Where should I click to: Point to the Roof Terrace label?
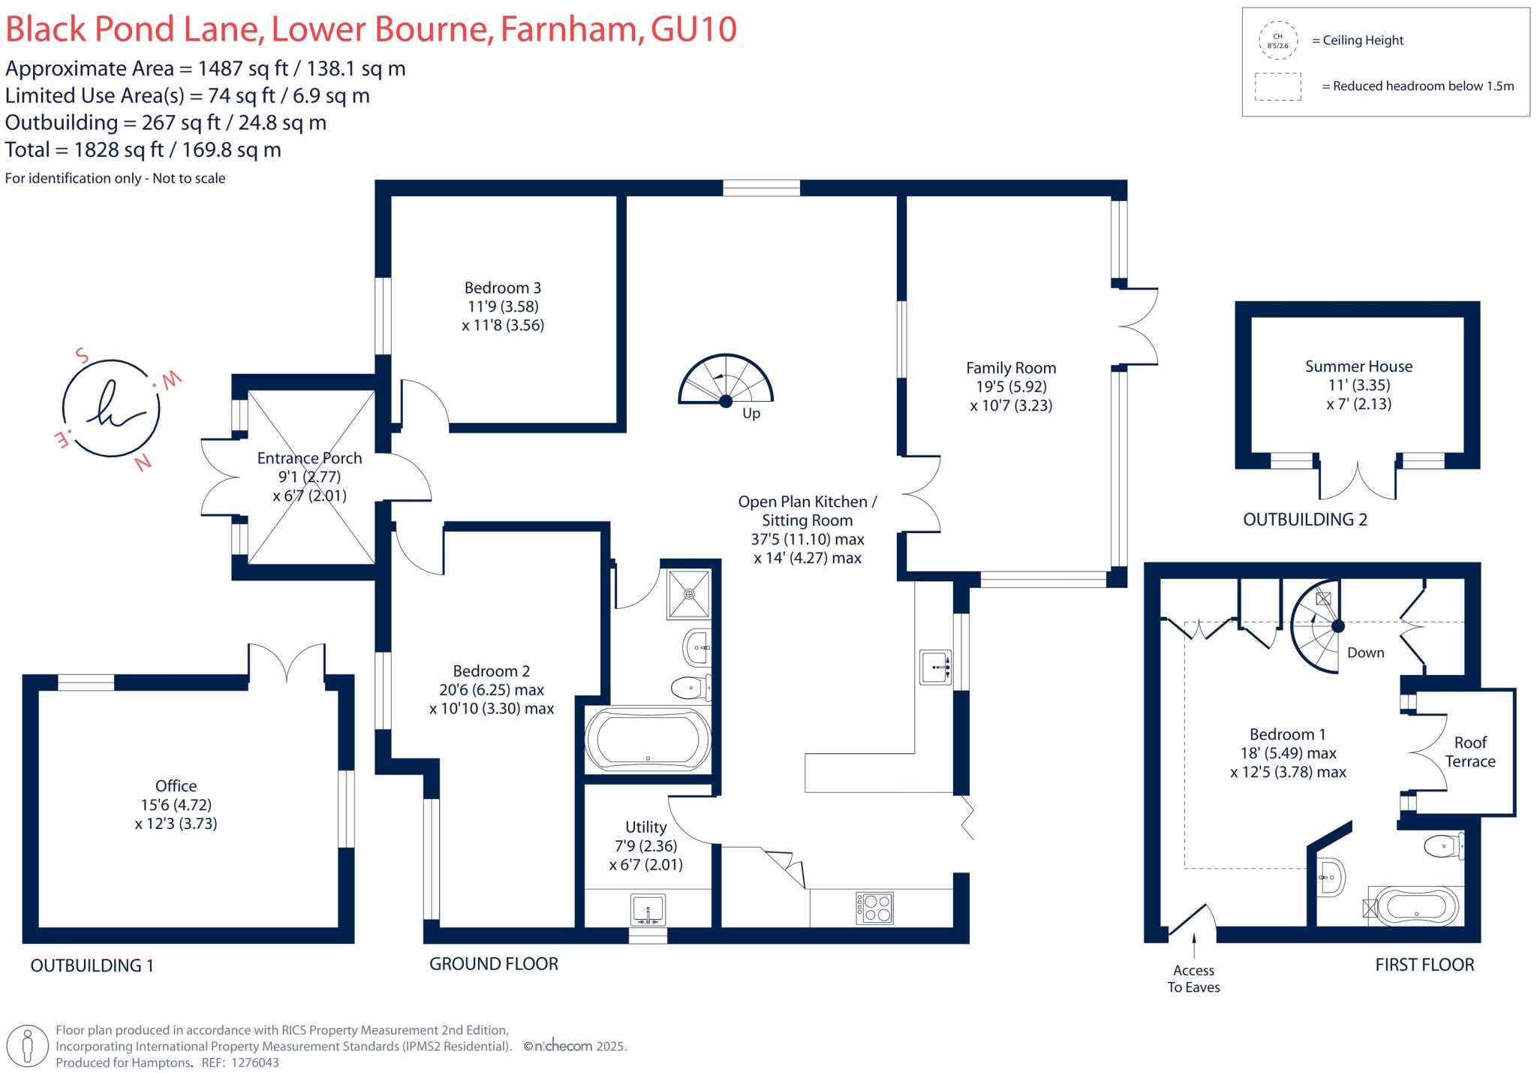1470,752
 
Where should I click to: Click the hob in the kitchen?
874,908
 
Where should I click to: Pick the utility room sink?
648,910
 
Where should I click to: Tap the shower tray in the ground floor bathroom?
688,594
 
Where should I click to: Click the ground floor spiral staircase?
726,380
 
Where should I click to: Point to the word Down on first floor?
1365,653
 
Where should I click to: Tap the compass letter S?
83,355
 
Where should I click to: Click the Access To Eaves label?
1193,979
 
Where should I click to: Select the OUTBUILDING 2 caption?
1305,520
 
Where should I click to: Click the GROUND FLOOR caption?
494,964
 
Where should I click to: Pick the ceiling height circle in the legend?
1277,41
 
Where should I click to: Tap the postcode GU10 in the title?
693,29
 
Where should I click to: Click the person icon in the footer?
29,1046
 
